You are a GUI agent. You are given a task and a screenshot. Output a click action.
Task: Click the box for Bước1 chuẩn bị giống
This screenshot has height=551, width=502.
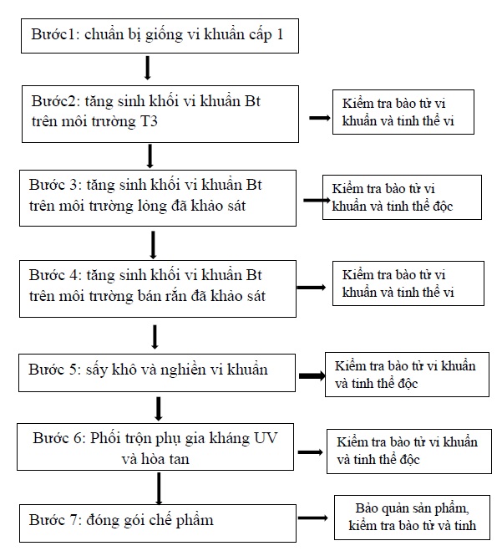(x=160, y=36)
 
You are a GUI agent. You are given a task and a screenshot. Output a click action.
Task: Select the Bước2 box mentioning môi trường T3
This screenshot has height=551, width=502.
(x=160, y=114)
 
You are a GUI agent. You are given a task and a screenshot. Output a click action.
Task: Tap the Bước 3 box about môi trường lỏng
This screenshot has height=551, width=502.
(x=158, y=198)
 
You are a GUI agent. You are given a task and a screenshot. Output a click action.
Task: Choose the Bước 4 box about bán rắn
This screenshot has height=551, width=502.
(x=158, y=288)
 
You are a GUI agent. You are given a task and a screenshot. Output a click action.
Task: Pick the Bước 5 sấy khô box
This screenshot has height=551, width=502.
(x=157, y=373)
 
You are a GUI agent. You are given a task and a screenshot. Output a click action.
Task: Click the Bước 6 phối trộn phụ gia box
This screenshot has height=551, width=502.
(x=155, y=446)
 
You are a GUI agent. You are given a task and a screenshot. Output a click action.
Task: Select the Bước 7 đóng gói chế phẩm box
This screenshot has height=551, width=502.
(x=158, y=523)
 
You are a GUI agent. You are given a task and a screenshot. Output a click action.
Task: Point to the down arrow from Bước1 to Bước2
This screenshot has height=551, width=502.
(x=148, y=68)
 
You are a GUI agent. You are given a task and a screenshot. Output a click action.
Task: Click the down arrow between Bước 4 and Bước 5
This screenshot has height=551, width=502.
(x=155, y=337)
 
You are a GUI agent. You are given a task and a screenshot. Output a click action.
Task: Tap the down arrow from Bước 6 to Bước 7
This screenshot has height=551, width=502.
(x=159, y=488)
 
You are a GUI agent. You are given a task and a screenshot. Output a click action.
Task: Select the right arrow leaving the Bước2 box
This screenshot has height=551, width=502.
(x=319, y=118)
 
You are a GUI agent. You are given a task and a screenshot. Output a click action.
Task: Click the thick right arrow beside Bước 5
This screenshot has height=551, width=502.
(x=312, y=375)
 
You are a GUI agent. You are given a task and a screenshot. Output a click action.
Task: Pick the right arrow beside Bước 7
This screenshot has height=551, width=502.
(x=312, y=518)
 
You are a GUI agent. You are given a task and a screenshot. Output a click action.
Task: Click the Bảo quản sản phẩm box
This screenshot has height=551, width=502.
(x=412, y=518)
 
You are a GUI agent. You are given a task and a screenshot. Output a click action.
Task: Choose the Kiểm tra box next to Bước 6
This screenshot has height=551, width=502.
(x=409, y=452)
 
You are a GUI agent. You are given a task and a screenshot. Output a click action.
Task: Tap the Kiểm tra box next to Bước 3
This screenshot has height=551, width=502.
(x=402, y=197)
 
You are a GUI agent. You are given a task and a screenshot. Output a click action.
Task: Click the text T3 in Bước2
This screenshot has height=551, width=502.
(x=149, y=121)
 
